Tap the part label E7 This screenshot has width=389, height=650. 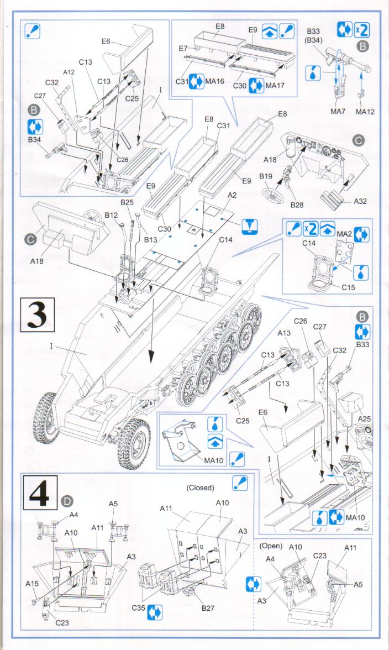tap(184, 49)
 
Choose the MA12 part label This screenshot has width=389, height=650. tap(365, 112)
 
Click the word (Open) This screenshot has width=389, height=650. tap(271, 546)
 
